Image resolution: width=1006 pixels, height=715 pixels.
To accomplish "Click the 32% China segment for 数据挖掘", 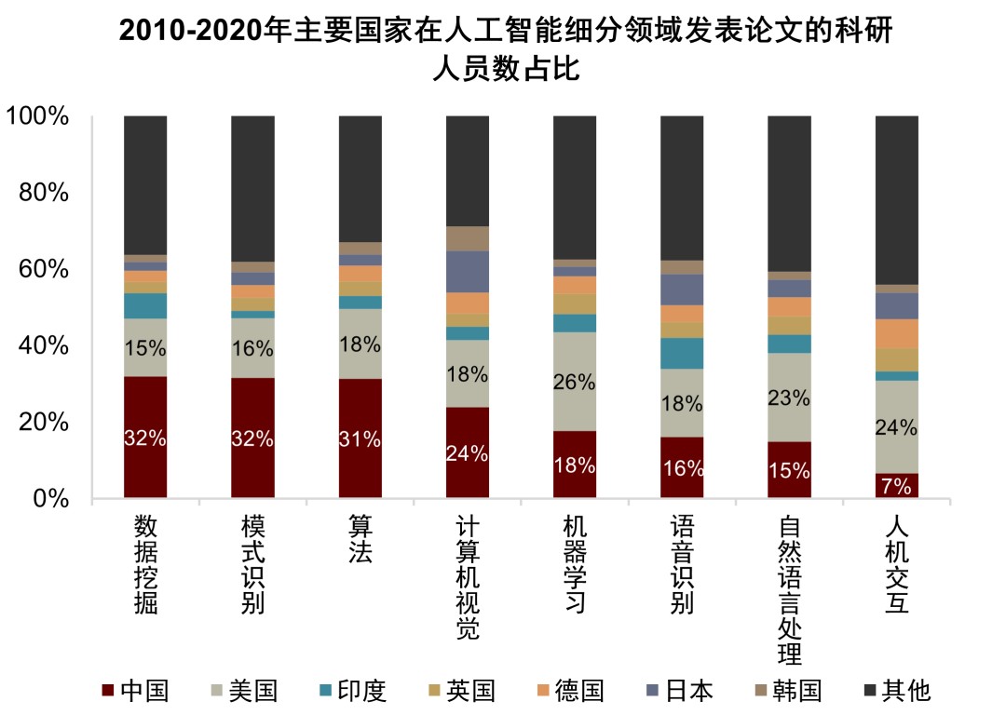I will tap(145, 437).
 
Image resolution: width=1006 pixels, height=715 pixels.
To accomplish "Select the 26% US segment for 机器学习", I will tap(575, 382).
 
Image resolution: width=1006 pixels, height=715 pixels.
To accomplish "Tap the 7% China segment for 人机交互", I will tap(896, 486).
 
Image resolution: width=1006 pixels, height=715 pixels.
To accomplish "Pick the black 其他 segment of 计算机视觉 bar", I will tap(468, 171).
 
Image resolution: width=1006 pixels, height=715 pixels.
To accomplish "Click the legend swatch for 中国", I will tap(108, 691).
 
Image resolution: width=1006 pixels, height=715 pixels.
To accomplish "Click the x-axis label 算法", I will tap(360, 540).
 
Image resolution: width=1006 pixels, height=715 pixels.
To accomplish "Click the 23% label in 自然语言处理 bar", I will tap(789, 398).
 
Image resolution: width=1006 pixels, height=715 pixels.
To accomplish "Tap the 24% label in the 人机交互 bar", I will tap(897, 428).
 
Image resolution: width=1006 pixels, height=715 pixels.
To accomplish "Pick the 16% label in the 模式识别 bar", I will tap(252, 349).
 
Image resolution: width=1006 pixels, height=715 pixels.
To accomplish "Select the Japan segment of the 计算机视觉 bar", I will tap(468, 272).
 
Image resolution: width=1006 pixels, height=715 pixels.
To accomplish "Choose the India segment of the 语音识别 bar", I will tap(682, 354).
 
